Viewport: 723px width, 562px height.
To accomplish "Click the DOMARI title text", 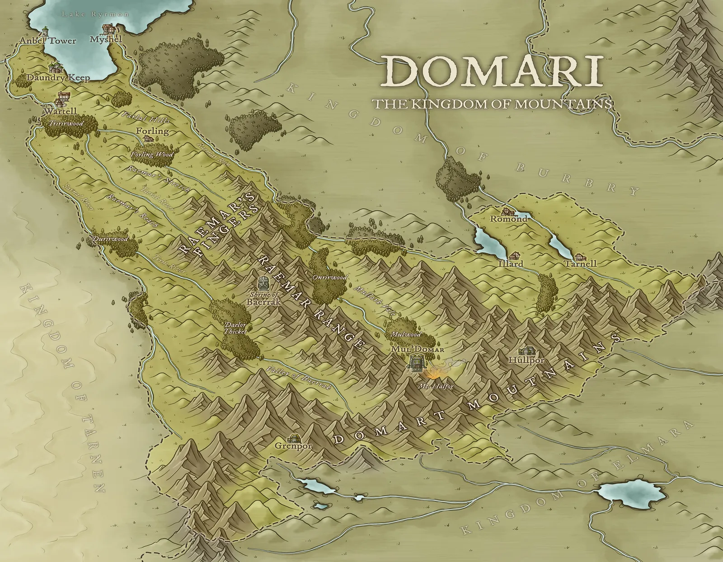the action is pyautogui.click(x=493, y=72).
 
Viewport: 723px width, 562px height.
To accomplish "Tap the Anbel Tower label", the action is pyautogui.click(x=48, y=41).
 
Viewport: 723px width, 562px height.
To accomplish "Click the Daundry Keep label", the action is pyautogui.click(x=58, y=78).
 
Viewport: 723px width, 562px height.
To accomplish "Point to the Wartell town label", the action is pyautogui.click(x=60, y=111).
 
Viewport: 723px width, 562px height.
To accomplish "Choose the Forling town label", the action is pyautogui.click(x=152, y=131).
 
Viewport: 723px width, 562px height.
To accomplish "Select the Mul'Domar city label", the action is pyautogui.click(x=418, y=349).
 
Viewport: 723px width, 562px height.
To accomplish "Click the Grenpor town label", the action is pyautogui.click(x=294, y=446).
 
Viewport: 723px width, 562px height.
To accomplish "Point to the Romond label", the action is pyautogui.click(x=509, y=219).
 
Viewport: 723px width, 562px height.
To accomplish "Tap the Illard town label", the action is pyautogui.click(x=511, y=263).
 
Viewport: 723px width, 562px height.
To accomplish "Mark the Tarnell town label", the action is pyautogui.click(x=580, y=263).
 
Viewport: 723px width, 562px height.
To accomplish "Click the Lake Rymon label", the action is pyautogui.click(x=95, y=14).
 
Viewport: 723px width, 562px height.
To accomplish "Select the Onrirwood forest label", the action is pyautogui.click(x=329, y=277).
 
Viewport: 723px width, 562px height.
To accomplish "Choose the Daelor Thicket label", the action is pyautogui.click(x=235, y=328).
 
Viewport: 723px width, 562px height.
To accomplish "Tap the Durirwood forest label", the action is pyautogui.click(x=111, y=239).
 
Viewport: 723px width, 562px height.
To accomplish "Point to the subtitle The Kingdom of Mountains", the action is pyautogui.click(x=492, y=104).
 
